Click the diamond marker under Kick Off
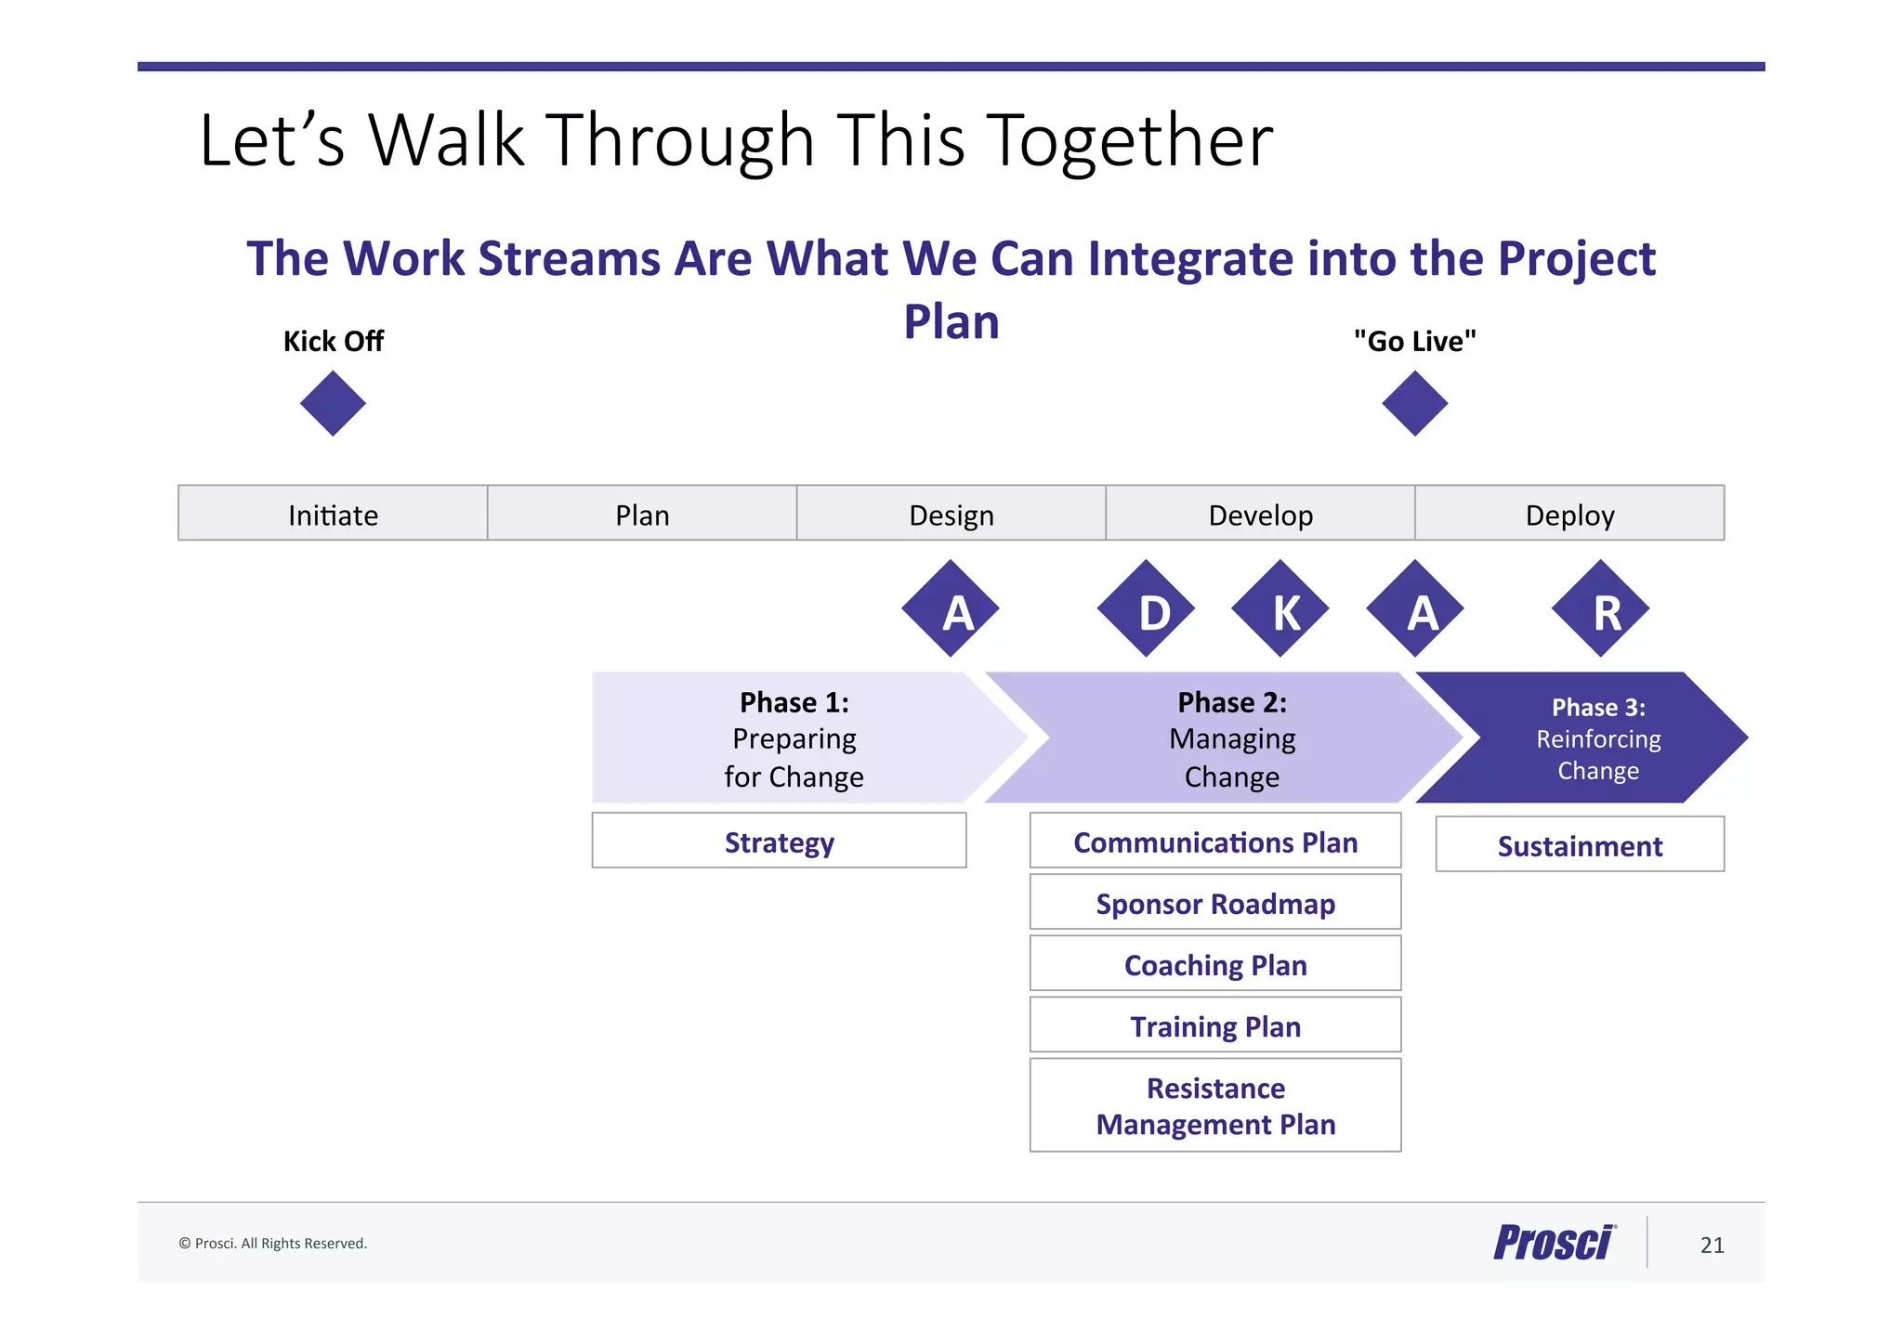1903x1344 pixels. pos(333,403)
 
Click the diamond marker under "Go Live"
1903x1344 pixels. pos(1414,403)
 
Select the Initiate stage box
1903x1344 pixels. pos(333,513)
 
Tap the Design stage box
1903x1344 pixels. pos(951,513)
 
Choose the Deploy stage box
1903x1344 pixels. pos(1569,513)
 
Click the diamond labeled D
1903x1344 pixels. pos(1146,608)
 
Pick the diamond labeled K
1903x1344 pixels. pos(1280,608)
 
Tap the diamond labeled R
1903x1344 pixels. pos(1600,608)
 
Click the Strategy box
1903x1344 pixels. pos(779,841)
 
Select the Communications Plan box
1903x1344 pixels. pos(1215,841)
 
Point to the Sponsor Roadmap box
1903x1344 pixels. pos(1215,902)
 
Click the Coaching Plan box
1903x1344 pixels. pos(1215,963)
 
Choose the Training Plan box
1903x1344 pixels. pos(1215,1024)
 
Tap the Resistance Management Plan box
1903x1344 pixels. pos(1215,1105)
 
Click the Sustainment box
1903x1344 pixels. pos(1580,844)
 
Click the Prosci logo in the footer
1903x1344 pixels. pos(1555,1242)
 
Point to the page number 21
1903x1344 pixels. pos(1712,1245)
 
